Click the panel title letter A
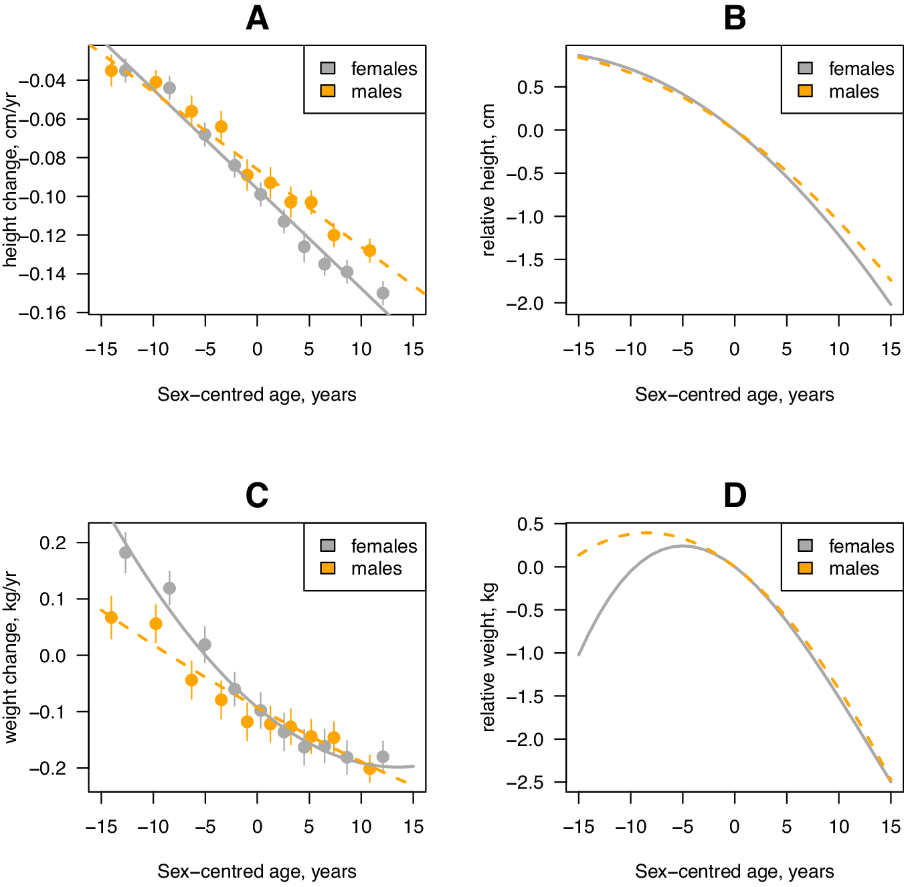click(x=257, y=19)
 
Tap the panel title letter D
click(x=734, y=496)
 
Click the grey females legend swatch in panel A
click(x=328, y=68)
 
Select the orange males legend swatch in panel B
click(x=805, y=91)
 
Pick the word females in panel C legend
click(x=383, y=546)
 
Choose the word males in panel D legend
click(x=853, y=569)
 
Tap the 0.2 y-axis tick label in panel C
click(x=53, y=543)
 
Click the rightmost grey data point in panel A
click(x=383, y=293)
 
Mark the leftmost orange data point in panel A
click(x=112, y=70)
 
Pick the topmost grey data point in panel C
click(x=125, y=553)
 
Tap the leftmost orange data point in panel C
click(x=112, y=617)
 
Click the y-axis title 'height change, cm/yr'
click(x=10, y=179)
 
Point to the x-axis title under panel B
click(x=734, y=395)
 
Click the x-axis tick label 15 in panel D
click(x=891, y=827)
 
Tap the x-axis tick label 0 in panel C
click(x=257, y=827)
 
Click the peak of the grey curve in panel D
click(x=682, y=546)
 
